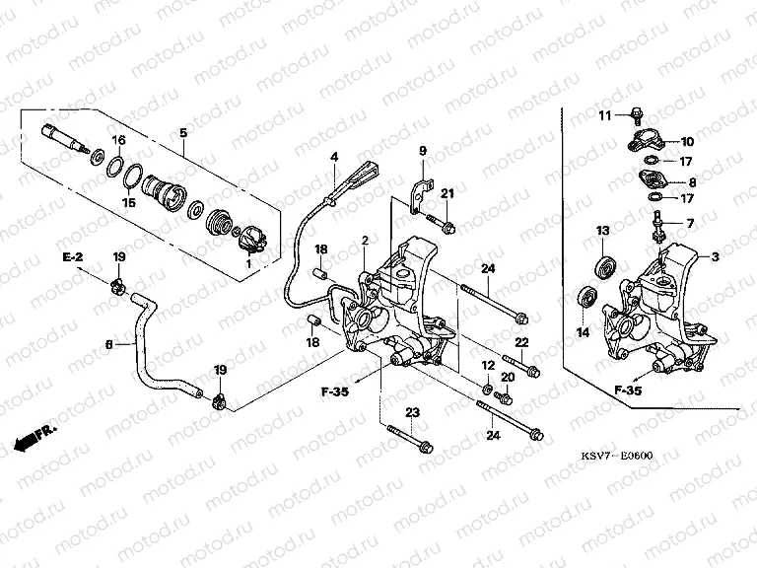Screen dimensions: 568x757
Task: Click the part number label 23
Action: (x=411, y=412)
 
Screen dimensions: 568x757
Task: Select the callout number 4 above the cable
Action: (x=334, y=157)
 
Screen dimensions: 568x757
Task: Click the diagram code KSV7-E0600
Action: (x=618, y=457)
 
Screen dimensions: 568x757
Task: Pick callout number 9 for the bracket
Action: (x=421, y=151)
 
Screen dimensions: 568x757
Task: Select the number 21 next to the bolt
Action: (x=447, y=192)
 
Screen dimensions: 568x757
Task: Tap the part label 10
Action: (x=687, y=141)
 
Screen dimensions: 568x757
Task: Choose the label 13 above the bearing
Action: (x=601, y=231)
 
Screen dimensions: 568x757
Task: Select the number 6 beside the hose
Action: (x=109, y=344)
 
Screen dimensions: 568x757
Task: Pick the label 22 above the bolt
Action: (x=522, y=341)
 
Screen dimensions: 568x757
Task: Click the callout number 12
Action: (x=486, y=365)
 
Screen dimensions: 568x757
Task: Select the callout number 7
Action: (x=690, y=223)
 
